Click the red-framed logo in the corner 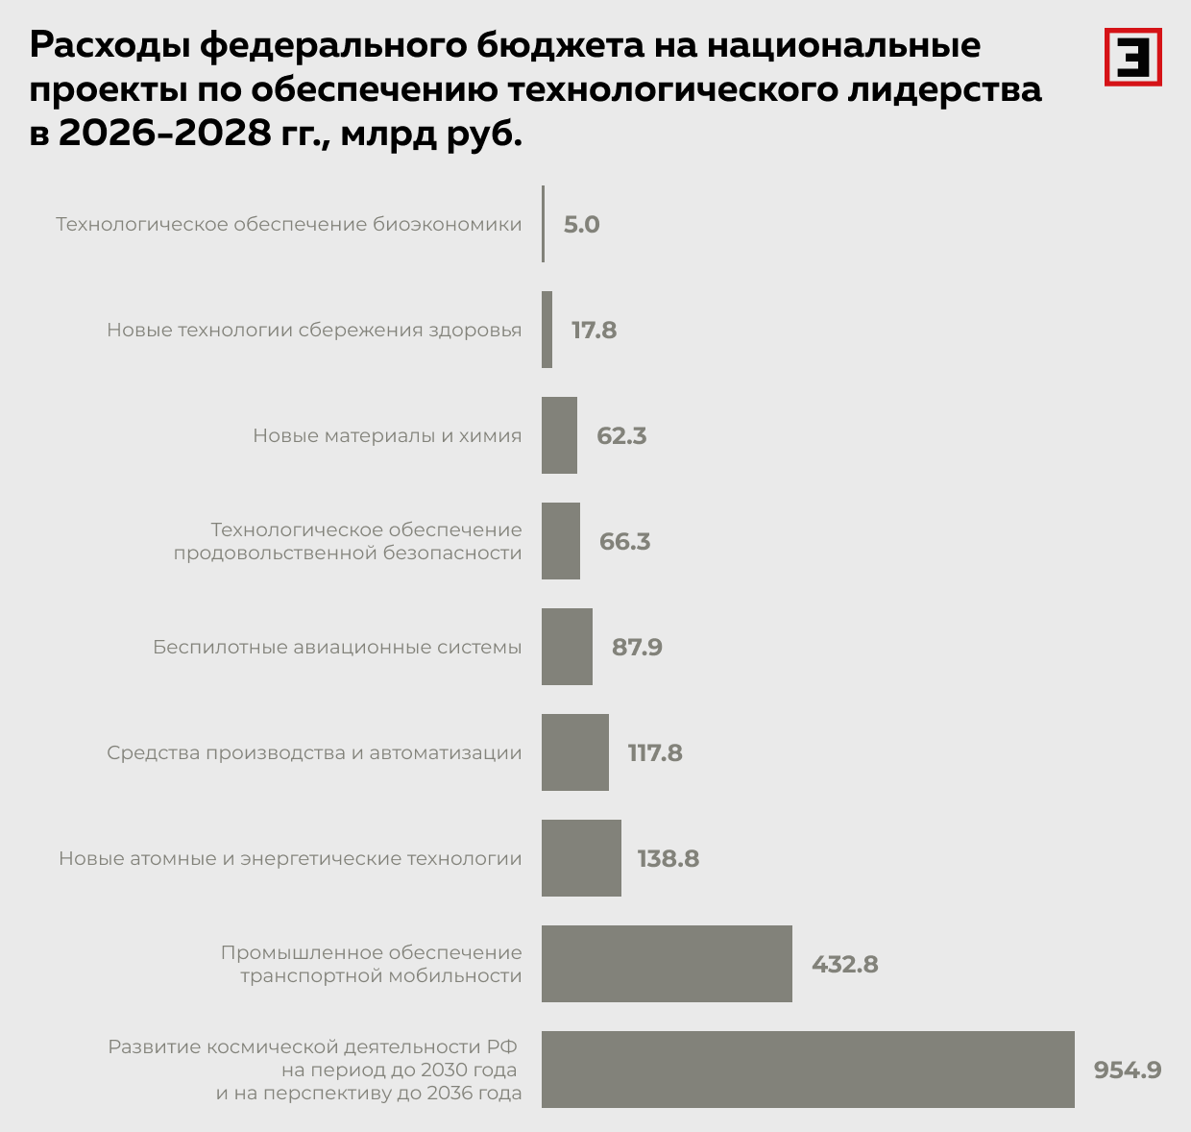[1132, 57]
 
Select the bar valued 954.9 [808, 1070]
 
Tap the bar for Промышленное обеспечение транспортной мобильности [667, 964]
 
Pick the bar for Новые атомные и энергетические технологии [581, 858]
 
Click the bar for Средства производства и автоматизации [574, 752]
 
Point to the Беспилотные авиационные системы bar [567, 647]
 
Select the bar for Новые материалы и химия [559, 435]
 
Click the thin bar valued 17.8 [547, 330]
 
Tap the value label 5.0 [581, 224]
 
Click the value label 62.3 [621, 435]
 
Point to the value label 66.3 [624, 541]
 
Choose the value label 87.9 [637, 647]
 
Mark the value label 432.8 [844, 964]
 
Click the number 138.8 [668, 858]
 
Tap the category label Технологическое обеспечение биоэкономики [288, 224]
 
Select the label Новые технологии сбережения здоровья [314, 330]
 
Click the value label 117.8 [655, 752]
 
